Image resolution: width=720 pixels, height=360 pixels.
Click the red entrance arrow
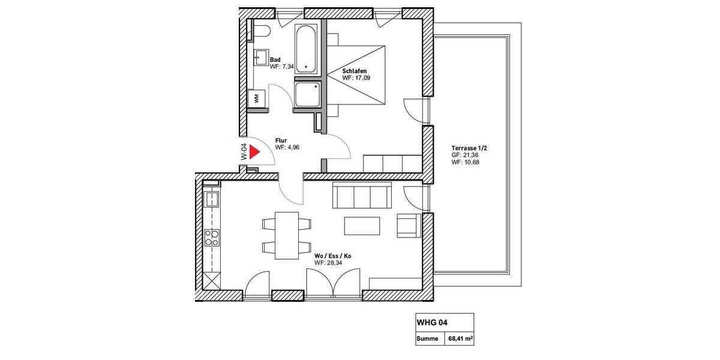(x=254, y=152)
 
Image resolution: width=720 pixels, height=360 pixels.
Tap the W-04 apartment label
(x=244, y=152)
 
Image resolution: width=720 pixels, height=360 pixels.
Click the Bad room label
(x=275, y=59)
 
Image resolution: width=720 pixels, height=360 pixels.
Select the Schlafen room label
(x=355, y=71)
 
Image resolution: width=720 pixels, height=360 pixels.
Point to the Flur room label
(x=281, y=140)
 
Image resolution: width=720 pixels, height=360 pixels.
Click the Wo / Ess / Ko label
(x=332, y=256)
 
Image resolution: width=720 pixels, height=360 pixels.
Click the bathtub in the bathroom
(x=307, y=49)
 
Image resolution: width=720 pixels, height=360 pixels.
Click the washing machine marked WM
(x=257, y=98)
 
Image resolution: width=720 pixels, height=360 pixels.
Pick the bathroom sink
(x=261, y=58)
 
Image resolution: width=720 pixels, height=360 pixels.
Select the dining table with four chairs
(x=287, y=235)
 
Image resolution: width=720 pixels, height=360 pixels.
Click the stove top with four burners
(x=212, y=238)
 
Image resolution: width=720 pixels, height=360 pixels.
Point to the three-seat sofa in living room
(x=362, y=196)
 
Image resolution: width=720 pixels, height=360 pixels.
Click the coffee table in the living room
(x=362, y=226)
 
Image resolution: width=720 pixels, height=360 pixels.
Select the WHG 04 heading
(x=432, y=322)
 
